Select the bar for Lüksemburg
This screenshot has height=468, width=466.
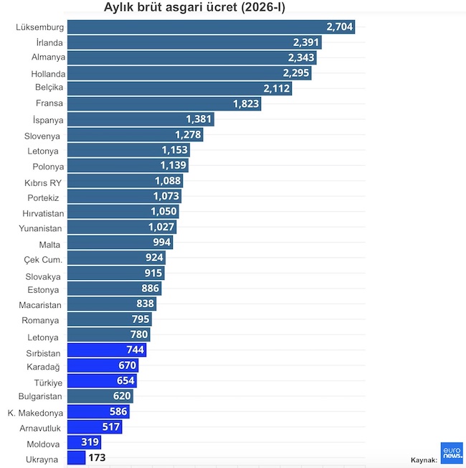(211, 27)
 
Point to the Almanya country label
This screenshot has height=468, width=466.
(48, 57)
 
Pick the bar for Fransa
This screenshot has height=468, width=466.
(163, 104)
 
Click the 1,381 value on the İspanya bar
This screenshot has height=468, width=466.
(199, 119)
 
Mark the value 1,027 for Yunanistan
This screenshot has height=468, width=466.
(161, 228)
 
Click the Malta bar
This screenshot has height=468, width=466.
(120, 243)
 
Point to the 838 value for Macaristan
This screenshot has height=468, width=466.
(145, 304)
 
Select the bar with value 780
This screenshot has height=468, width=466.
(108, 334)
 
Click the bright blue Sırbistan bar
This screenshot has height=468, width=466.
(106, 350)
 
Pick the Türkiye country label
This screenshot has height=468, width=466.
(44, 382)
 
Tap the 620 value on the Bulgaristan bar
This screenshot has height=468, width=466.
(123, 396)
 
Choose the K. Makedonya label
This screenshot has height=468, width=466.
(35, 413)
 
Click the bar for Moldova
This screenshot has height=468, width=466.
(84, 442)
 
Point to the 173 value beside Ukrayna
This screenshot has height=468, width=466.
(98, 458)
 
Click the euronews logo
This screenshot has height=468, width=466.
(452, 452)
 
